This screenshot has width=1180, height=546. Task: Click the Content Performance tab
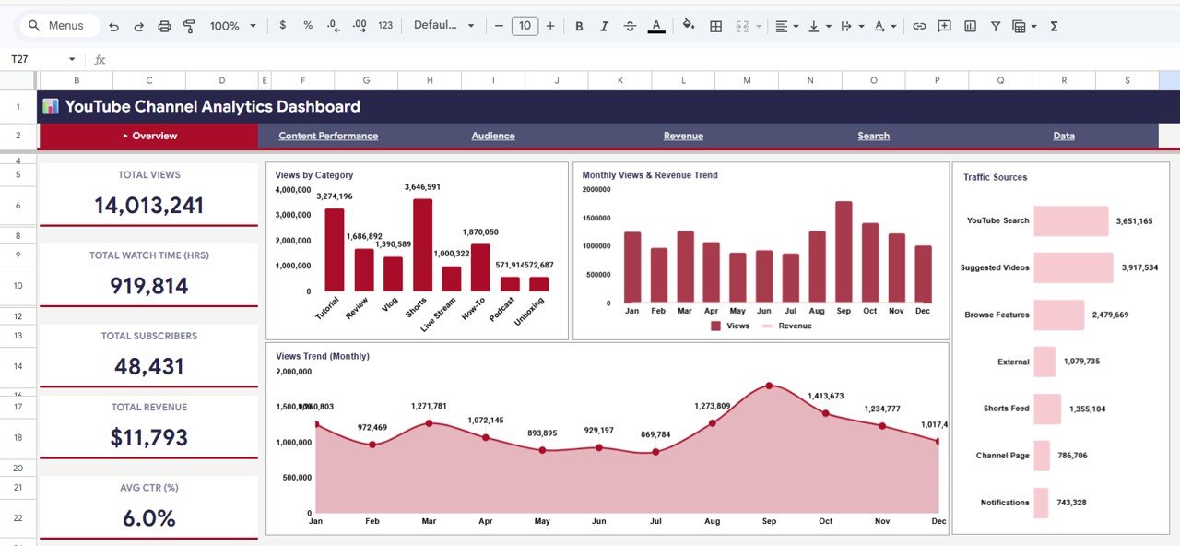(x=328, y=136)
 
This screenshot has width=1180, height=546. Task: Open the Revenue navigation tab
(x=683, y=136)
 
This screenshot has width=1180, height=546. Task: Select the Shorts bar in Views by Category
(x=422, y=245)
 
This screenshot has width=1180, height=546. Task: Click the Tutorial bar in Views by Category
(x=334, y=250)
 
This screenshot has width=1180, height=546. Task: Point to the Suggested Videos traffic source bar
(x=1073, y=267)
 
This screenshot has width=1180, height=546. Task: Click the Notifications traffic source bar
(x=1042, y=503)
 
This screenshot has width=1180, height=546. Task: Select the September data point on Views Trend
(x=769, y=386)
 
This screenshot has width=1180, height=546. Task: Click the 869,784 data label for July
(x=656, y=434)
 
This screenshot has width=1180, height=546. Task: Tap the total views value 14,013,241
(x=148, y=205)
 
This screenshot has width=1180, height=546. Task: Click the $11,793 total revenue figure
(x=148, y=437)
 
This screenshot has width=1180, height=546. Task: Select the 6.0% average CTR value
(x=148, y=518)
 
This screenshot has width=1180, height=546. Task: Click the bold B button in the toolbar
(x=579, y=26)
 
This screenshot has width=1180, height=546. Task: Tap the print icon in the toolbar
(x=165, y=26)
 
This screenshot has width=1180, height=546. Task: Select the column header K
(x=619, y=81)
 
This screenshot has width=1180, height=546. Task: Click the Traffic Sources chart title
(x=995, y=177)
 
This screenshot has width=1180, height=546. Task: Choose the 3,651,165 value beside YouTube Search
(x=1134, y=221)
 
